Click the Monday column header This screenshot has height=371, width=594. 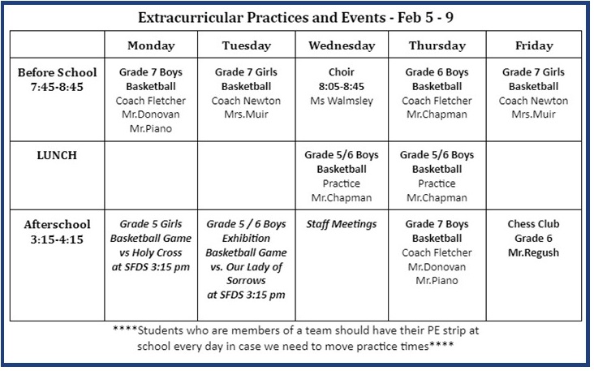click(x=151, y=45)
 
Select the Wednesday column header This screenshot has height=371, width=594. click(x=342, y=45)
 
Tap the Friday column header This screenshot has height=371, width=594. click(x=534, y=45)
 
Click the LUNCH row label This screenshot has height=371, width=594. click(x=57, y=155)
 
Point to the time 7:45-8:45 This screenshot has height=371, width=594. click(x=57, y=87)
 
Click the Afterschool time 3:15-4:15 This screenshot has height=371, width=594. click(x=57, y=239)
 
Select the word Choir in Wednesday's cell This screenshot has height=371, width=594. click(x=342, y=72)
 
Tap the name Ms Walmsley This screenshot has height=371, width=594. click(x=342, y=101)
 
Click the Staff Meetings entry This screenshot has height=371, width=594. click(x=342, y=224)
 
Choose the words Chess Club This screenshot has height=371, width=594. click(x=533, y=224)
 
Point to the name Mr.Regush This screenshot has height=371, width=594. click(x=533, y=252)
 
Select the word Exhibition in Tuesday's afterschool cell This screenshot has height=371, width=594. click(x=246, y=239)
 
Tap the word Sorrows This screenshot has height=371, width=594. click(x=246, y=281)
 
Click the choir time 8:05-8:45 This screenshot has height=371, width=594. click(x=342, y=86)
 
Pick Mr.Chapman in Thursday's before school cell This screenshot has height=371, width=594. click(x=437, y=114)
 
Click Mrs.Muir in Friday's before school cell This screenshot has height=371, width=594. click(x=533, y=114)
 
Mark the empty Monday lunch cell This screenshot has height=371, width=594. click(x=151, y=175)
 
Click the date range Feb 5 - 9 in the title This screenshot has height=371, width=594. click(x=425, y=17)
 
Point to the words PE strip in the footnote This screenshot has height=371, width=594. click(x=445, y=330)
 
